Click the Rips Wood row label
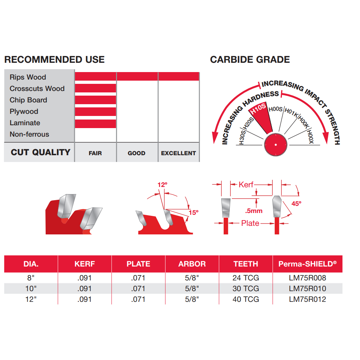pos(28,77)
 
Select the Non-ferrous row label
pos(29,134)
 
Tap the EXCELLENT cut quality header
pos(178,153)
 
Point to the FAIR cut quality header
pos(95,153)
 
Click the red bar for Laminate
pos(95,124)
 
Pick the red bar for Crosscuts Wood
pos(95,88)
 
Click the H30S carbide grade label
pos(242,137)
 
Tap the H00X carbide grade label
pos(310,137)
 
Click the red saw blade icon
pos(275,144)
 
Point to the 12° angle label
pos(162,185)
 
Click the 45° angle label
pos(296,204)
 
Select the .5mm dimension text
pos(254,211)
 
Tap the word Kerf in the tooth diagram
pos(246,184)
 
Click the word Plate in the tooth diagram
pos(250,223)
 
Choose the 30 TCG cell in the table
pos(246,289)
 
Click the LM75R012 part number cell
pos(308,299)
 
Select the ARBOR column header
pos(192,264)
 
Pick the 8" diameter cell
pos(31,278)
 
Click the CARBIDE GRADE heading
pos(250,60)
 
